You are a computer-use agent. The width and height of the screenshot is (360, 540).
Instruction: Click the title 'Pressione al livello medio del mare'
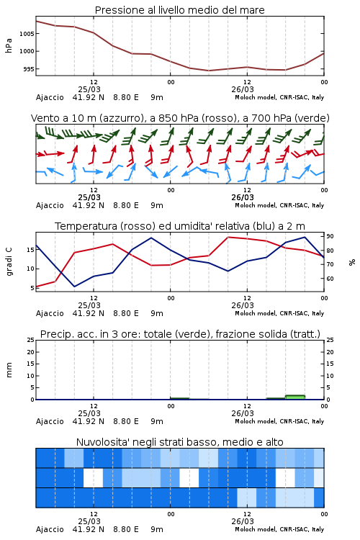coord(179,10)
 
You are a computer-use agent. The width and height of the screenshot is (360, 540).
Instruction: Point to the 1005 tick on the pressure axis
coord(27,34)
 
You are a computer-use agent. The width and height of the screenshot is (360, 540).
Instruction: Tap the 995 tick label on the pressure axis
coord(29,69)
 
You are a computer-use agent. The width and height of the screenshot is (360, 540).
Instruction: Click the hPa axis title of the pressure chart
coord(9,45)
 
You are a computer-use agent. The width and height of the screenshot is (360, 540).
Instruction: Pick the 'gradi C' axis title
coord(9,261)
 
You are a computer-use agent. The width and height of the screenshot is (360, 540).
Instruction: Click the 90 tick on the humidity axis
coord(330,236)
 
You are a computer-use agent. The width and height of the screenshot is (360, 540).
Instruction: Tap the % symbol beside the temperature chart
coord(352,262)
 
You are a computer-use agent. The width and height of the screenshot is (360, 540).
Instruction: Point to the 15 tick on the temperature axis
coord(30,250)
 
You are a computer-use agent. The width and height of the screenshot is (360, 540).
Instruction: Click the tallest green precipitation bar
coord(295,397)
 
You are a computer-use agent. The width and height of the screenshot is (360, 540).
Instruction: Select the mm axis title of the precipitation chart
coord(9,370)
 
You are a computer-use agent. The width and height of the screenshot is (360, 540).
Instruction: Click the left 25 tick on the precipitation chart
coord(30,340)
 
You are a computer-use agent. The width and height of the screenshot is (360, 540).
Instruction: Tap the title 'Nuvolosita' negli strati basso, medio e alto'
coord(179,442)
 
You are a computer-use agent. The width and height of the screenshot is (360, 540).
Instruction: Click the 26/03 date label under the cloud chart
coord(243,521)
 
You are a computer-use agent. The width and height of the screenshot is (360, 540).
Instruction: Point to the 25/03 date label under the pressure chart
coord(89,89)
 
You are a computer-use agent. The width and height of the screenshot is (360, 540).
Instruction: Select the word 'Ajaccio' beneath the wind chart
coord(50,206)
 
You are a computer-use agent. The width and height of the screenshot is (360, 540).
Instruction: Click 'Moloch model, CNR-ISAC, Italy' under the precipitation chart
coord(279,421)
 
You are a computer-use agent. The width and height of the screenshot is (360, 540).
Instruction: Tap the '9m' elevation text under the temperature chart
coord(157,314)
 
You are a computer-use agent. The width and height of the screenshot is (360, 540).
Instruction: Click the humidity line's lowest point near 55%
coord(74,287)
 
